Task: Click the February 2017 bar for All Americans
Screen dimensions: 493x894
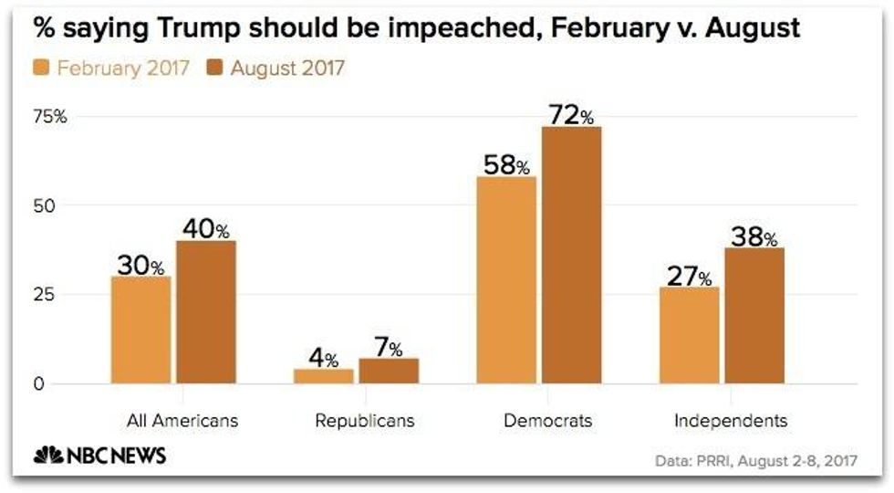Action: click(x=141, y=330)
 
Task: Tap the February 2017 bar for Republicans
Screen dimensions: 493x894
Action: click(x=323, y=376)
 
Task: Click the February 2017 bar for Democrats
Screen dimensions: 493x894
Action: click(x=506, y=280)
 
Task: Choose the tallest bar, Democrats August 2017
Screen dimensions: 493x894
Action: click(x=571, y=255)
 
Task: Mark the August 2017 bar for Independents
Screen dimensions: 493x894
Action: click(x=754, y=315)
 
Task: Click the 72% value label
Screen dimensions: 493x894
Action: click(x=571, y=115)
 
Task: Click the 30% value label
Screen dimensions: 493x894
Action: click(x=140, y=266)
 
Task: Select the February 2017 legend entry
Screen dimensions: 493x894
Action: click(x=112, y=68)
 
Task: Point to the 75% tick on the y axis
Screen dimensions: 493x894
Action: click(x=51, y=117)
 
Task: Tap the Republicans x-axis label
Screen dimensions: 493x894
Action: click(x=364, y=421)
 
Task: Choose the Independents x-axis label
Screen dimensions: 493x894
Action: click(x=731, y=421)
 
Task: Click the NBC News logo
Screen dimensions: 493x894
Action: click(x=99, y=456)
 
